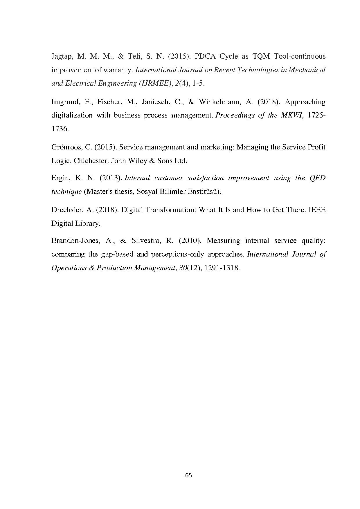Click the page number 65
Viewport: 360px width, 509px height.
[x=188, y=475]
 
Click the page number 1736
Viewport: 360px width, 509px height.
[x=60, y=129]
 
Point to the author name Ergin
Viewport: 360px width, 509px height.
[x=60, y=178]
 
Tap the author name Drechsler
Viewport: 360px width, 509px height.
[x=67, y=210]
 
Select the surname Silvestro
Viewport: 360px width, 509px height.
[x=148, y=241]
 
